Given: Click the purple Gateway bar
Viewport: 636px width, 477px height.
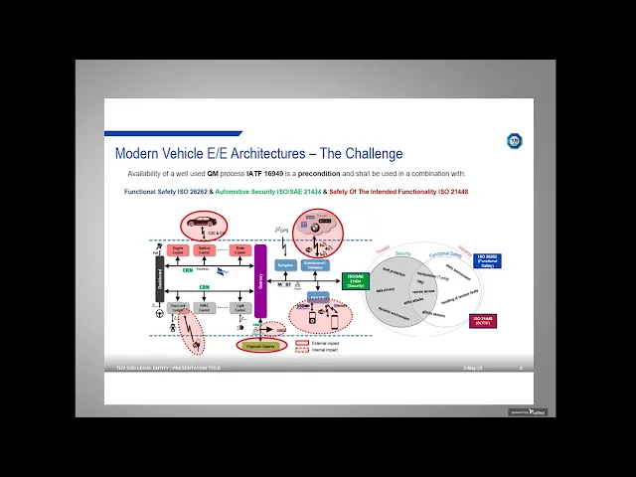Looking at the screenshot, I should point(261,281).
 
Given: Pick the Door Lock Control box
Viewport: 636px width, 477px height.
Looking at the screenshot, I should point(178,308).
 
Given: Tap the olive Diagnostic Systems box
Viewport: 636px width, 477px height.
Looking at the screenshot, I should point(261,346).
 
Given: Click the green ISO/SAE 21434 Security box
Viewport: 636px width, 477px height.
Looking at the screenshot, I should point(356,281).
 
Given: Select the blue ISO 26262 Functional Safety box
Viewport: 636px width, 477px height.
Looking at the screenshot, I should point(488,262).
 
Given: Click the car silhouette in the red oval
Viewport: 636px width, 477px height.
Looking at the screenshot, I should point(204,223).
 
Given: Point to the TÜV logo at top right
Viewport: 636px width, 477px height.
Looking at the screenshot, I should point(514,141).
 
